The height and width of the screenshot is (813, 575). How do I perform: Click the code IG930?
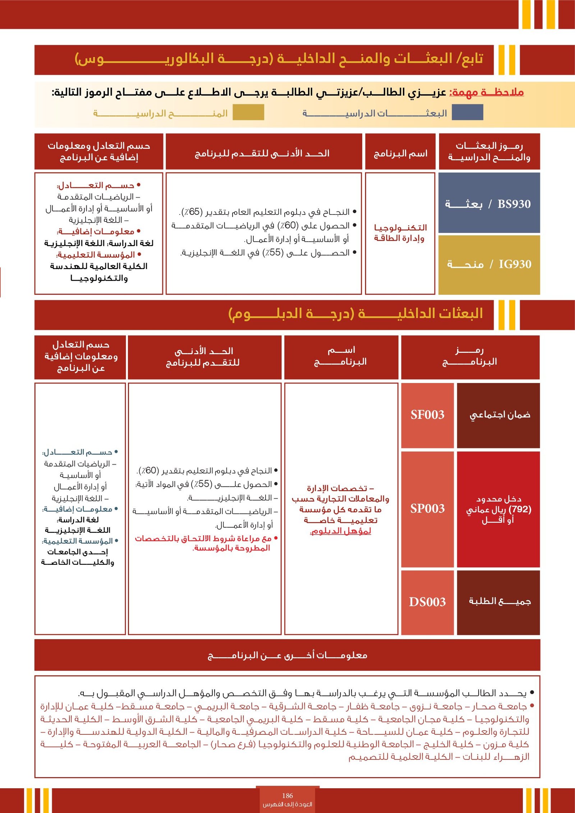tap(515, 264)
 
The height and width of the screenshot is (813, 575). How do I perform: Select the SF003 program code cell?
tap(427, 415)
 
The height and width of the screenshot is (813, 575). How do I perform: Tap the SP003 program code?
tap(427, 509)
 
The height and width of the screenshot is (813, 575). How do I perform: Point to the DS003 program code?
tap(427, 602)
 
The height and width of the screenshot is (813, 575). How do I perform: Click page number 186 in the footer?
tap(287, 796)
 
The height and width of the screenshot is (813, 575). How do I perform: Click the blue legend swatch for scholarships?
tap(467, 112)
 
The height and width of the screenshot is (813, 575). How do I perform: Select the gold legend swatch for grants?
tap(248, 112)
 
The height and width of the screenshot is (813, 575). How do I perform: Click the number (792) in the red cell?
tap(520, 509)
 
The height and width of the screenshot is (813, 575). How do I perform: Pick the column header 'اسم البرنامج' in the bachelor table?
tap(400, 154)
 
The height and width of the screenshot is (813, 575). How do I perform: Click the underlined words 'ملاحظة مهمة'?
tap(487, 93)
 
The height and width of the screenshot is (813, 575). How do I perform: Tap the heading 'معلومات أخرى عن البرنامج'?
tap(287, 655)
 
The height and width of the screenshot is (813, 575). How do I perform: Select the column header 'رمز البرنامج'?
tap(470, 356)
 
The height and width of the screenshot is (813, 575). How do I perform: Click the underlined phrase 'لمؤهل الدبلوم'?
tap(340, 531)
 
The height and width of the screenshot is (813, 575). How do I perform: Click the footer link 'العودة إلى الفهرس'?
tap(287, 804)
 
